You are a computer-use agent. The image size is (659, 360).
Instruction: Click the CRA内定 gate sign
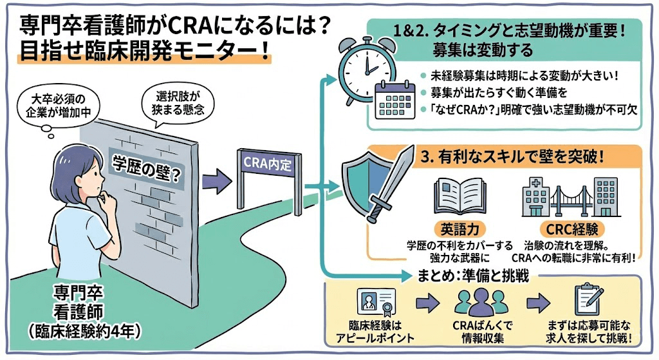click(268, 164)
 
